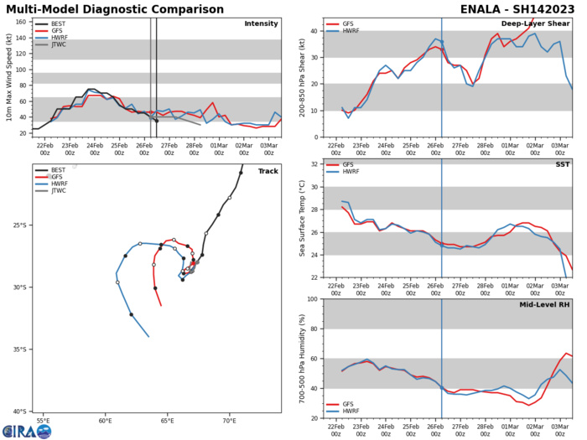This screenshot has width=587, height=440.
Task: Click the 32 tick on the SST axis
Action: tap(309, 164)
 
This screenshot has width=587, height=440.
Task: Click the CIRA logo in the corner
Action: tap(25, 431)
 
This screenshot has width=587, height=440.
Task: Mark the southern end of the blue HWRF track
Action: tap(148, 336)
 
